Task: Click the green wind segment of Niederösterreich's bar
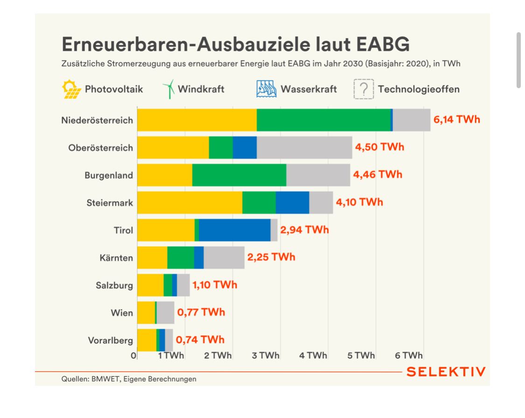pos(323,120)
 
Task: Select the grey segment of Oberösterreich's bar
pos(304,147)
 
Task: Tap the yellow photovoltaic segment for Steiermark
pos(189,202)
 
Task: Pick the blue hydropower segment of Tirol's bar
pos(235,230)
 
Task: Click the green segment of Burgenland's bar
pos(239,175)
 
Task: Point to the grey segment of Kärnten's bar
pos(224,258)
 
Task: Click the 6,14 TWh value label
pos(456,119)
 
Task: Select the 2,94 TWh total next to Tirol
pos(304,230)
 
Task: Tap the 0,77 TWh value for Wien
pos(201,312)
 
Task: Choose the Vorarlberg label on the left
pos(111,340)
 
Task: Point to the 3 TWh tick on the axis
pos(266,355)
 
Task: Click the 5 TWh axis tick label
pos(361,355)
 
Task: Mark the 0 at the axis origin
pos(134,355)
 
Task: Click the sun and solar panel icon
pos(71,89)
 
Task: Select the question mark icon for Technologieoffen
pos(364,89)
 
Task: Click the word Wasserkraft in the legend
pos(308,89)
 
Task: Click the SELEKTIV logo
pos(446,372)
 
